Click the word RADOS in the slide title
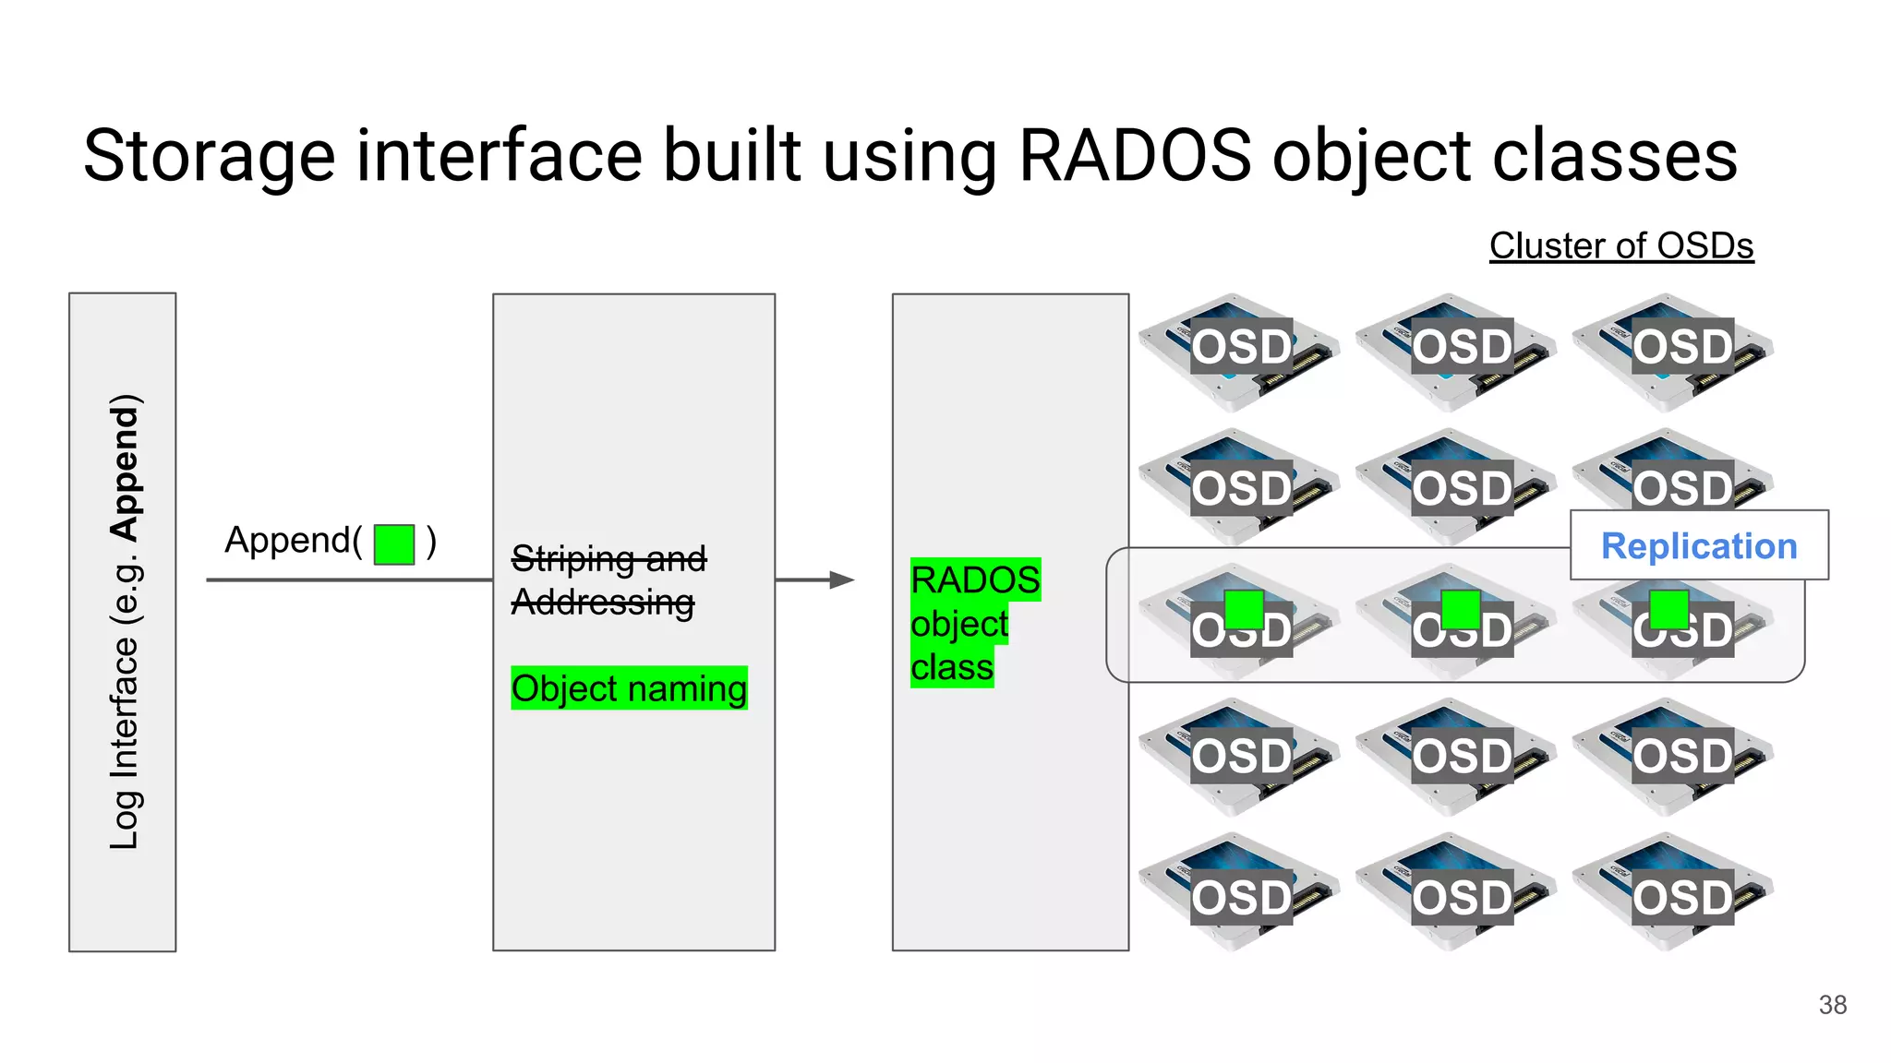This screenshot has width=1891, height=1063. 1135,155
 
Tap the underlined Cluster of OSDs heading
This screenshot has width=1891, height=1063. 1620,245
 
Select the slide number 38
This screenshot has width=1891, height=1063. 1832,1005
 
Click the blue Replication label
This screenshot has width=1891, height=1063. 1698,546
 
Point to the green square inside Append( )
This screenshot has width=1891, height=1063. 394,544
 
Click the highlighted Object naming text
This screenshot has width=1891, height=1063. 629,688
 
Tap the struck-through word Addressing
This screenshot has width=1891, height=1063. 602,602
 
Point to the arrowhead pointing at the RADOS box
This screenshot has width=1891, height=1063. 841,579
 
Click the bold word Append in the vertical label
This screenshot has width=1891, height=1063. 125,468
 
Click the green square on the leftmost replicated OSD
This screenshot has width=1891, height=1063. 1244,609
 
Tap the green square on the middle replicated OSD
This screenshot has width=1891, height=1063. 1460,609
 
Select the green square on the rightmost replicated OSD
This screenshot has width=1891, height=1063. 1668,609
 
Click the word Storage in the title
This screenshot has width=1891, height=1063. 209,155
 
